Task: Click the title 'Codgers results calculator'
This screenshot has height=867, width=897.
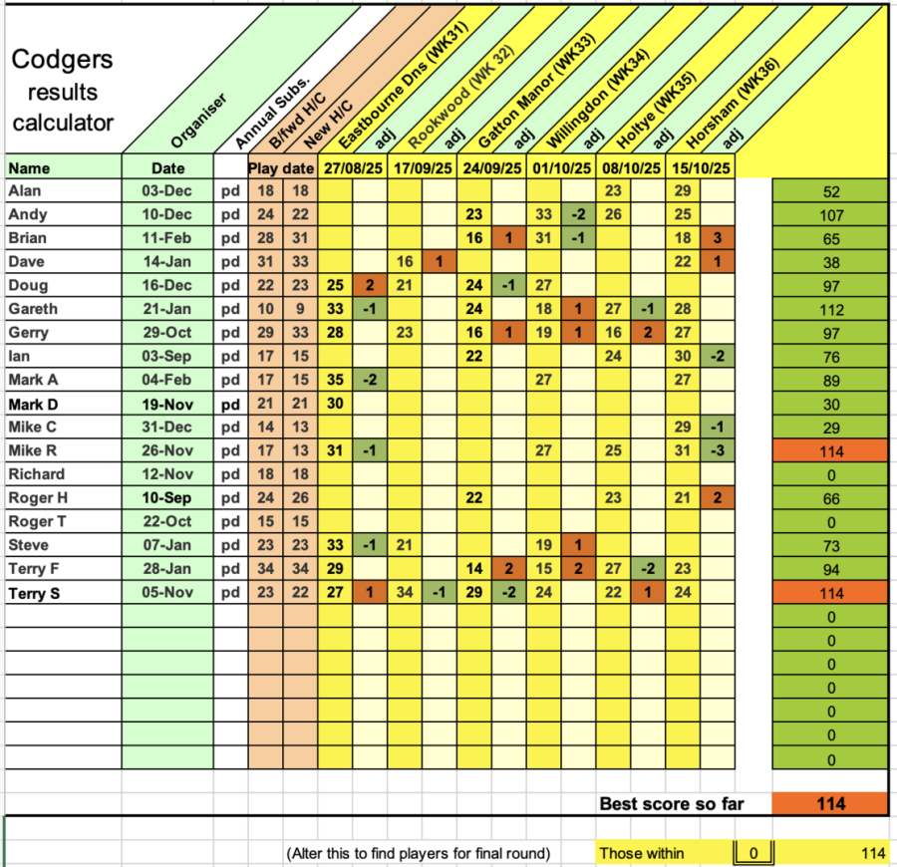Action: point(63,92)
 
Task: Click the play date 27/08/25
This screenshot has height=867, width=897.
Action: point(353,167)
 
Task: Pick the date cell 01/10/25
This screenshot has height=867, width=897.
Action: point(561,167)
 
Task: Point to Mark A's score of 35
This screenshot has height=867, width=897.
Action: point(335,380)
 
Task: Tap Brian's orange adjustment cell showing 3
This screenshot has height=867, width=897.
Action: point(717,238)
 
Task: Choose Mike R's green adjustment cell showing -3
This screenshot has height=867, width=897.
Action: point(717,450)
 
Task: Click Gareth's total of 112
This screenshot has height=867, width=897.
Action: point(829,310)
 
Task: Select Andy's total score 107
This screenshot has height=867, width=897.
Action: point(829,215)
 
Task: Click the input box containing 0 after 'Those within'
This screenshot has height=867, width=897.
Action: point(753,853)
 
